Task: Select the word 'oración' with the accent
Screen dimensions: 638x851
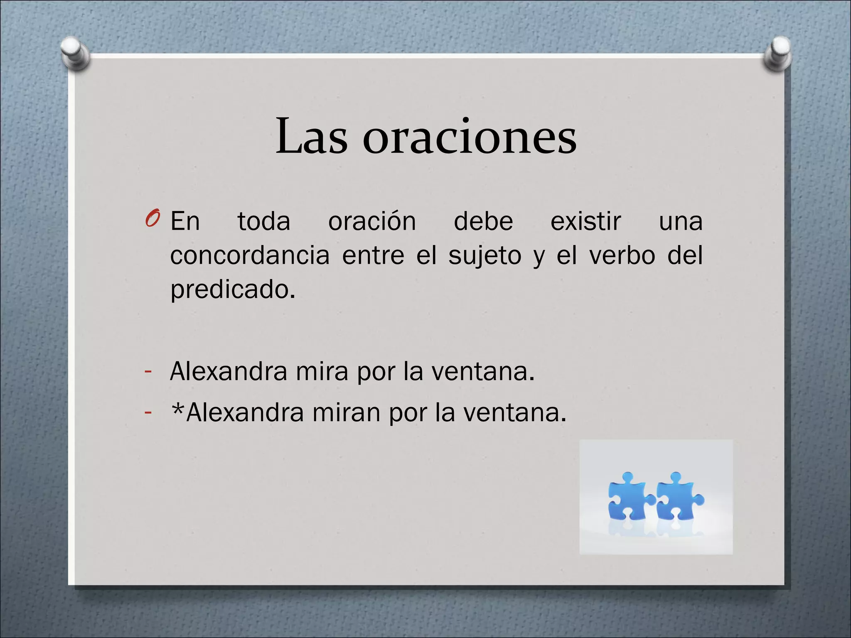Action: (x=372, y=221)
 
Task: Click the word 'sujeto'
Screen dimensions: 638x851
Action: (x=485, y=256)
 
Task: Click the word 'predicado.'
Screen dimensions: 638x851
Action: (x=233, y=290)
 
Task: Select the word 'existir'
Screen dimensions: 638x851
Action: (x=585, y=221)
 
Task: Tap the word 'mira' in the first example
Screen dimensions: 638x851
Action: (x=322, y=371)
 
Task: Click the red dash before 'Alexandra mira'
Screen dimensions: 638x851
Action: (x=148, y=371)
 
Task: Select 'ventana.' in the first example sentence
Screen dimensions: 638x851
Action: (x=483, y=371)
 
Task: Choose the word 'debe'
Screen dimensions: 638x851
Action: (x=483, y=221)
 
